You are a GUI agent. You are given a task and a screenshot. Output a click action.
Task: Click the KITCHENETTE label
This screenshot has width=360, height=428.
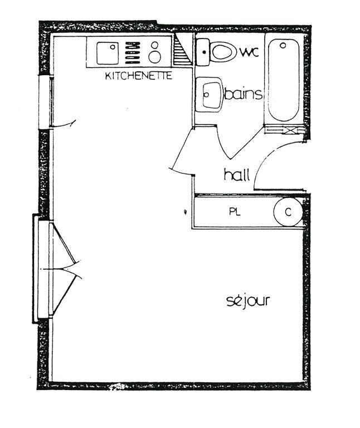point(139,76)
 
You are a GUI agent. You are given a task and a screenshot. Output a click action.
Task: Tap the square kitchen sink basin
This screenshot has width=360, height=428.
point(106,54)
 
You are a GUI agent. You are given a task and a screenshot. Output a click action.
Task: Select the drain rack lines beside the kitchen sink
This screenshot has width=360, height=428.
point(132,52)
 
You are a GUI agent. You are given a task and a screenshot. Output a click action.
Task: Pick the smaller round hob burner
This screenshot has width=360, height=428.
point(155,45)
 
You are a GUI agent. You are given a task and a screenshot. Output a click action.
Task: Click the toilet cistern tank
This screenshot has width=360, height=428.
point(202,52)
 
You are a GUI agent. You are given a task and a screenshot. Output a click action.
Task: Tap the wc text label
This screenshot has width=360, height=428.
point(249,52)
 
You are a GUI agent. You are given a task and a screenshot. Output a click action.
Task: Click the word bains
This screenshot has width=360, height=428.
point(243,94)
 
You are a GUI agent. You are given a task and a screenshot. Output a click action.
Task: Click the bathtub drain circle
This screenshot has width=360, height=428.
point(283,45)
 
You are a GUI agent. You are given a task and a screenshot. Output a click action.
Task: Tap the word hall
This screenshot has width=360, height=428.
point(236,174)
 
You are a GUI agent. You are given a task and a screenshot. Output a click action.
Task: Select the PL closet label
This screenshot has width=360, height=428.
point(234,212)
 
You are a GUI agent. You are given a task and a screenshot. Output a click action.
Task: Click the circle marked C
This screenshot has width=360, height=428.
point(288,212)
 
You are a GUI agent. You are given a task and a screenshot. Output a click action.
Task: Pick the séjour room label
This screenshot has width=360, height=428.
point(248,301)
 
